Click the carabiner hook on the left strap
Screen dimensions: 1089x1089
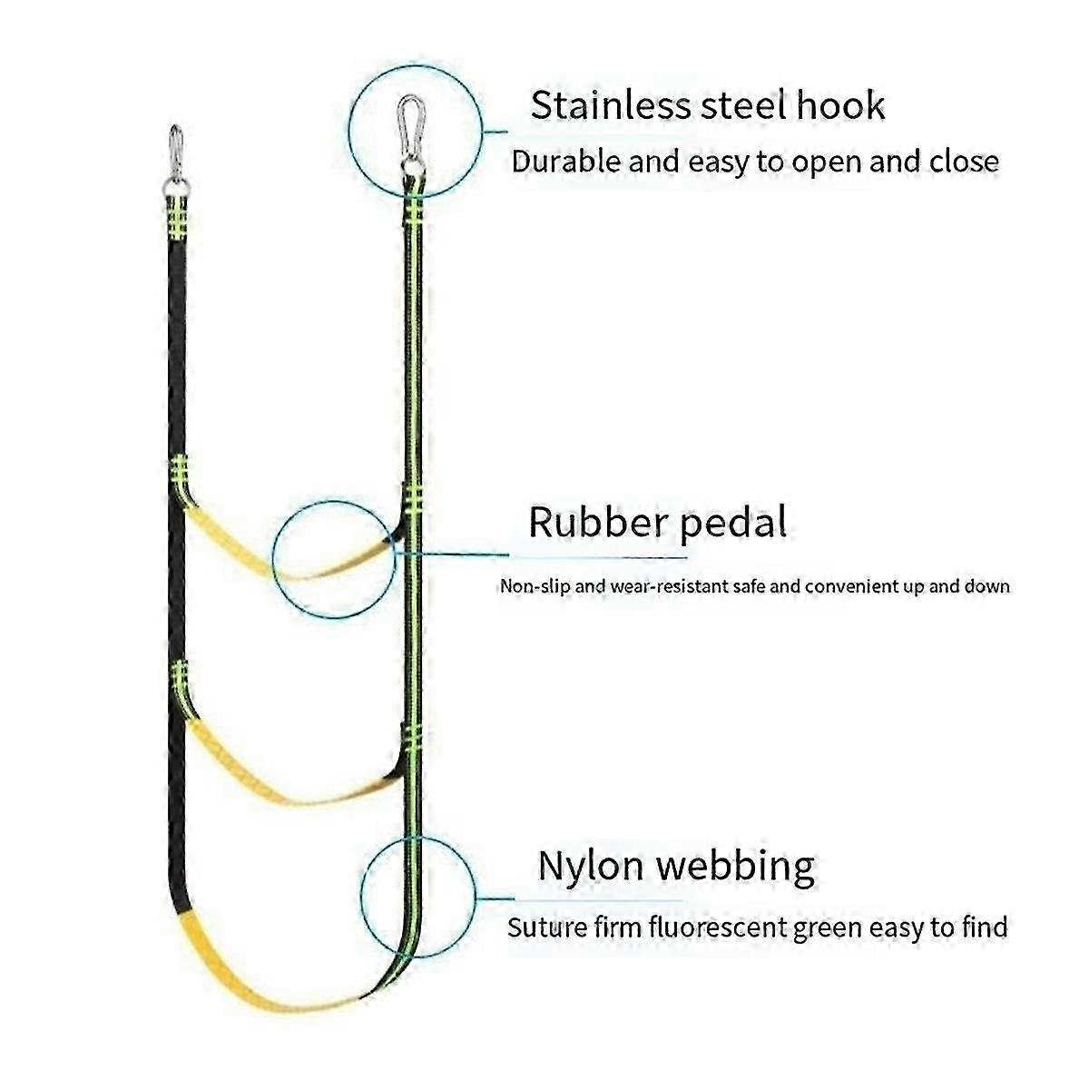tap(176, 146)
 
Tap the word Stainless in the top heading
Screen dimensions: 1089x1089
tap(611, 105)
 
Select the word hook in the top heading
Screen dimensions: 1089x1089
tap(839, 105)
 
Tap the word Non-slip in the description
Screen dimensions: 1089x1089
tap(539, 586)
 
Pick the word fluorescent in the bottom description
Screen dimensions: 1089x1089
tap(709, 927)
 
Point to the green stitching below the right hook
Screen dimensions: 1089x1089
tap(414, 214)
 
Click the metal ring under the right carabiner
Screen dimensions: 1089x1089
tap(413, 167)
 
